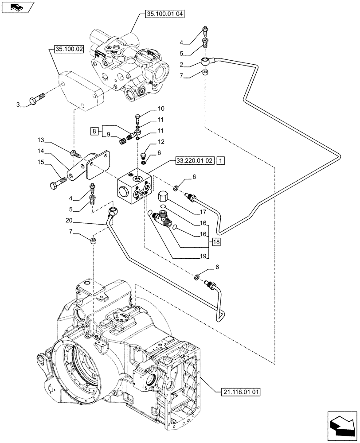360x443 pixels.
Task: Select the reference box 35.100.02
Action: [69, 49]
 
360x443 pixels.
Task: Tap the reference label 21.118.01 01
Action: [240, 391]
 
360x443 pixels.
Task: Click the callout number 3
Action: [18, 105]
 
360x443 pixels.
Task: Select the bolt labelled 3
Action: [36, 98]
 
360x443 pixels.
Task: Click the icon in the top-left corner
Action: [16, 7]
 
